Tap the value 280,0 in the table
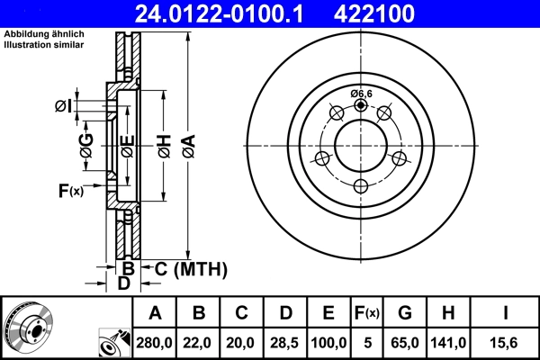tap(156, 343)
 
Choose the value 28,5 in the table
tap(284, 343)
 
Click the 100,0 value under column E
tap(328, 343)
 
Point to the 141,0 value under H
tap(448, 343)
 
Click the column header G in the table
tap(404, 313)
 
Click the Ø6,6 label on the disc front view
tap(362, 94)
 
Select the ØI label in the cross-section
tap(62, 107)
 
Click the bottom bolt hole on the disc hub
tap(361, 185)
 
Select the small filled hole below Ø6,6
tap(361, 105)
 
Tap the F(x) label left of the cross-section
tap(70, 190)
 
